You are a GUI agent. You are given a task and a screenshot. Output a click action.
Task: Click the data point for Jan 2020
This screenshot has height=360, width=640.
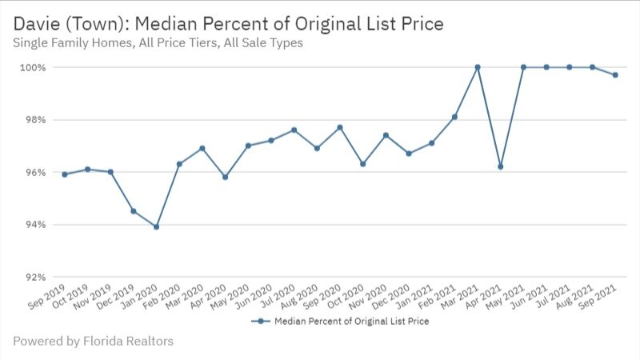pyautogui.click(x=156, y=226)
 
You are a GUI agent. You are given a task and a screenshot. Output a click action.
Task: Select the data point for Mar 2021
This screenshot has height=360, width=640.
pyautogui.click(x=478, y=67)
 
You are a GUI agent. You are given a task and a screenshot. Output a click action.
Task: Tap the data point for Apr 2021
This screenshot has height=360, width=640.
pyautogui.click(x=500, y=166)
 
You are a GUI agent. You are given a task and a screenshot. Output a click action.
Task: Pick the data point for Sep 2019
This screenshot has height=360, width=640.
pyautogui.click(x=64, y=174)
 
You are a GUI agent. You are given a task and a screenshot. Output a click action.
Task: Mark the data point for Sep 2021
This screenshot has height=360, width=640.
pyautogui.click(x=615, y=75)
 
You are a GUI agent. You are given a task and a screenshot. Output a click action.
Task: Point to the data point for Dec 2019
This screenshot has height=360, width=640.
pyautogui.click(x=133, y=211)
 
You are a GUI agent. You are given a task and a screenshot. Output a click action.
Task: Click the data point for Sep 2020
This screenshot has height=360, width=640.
pyautogui.click(x=340, y=127)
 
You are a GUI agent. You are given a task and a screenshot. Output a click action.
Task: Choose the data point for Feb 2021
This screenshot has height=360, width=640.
pyautogui.click(x=454, y=117)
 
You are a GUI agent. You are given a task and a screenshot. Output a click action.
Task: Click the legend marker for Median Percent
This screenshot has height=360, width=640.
pyautogui.click(x=259, y=322)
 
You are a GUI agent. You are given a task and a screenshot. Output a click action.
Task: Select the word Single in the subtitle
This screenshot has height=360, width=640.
pyautogui.click(x=31, y=43)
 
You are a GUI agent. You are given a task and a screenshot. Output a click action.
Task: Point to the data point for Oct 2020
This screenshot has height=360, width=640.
pyautogui.click(x=362, y=164)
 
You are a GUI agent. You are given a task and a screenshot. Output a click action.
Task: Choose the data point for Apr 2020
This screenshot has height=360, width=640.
pyautogui.click(x=225, y=177)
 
